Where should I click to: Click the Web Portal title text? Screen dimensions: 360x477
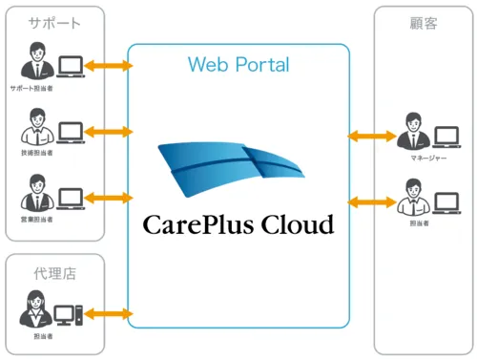tap(238, 65)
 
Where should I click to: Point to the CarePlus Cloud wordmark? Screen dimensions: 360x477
tap(238, 225)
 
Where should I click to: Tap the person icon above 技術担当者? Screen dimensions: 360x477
tap(31, 126)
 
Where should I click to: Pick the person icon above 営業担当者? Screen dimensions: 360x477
tap(31, 191)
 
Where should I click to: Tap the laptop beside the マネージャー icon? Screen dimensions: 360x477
tap(446, 137)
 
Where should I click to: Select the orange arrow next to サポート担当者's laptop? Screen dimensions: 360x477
tap(108, 66)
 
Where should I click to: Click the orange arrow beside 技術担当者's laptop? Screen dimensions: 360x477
tap(108, 130)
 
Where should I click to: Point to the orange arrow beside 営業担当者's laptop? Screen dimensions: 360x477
tap(108, 198)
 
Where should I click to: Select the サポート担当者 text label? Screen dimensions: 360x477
tap(31, 89)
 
